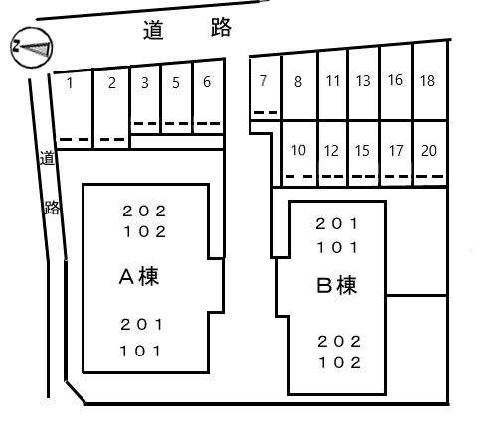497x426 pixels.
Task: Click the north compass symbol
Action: coord(32,47)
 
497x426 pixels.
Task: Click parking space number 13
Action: coord(363,81)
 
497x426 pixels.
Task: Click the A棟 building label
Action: coord(139,276)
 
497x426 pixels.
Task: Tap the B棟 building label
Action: coord(337,285)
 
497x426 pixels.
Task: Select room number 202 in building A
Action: coord(144,212)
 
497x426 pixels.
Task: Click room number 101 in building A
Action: coord(140,351)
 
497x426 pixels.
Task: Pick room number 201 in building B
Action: coord(337,224)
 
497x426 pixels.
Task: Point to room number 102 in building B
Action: coord(339,363)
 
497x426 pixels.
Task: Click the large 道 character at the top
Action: coord(153,30)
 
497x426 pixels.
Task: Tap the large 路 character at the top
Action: coord(221,27)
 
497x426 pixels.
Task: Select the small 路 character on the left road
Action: coord(52,208)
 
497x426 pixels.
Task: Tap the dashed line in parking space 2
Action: coord(112,140)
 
